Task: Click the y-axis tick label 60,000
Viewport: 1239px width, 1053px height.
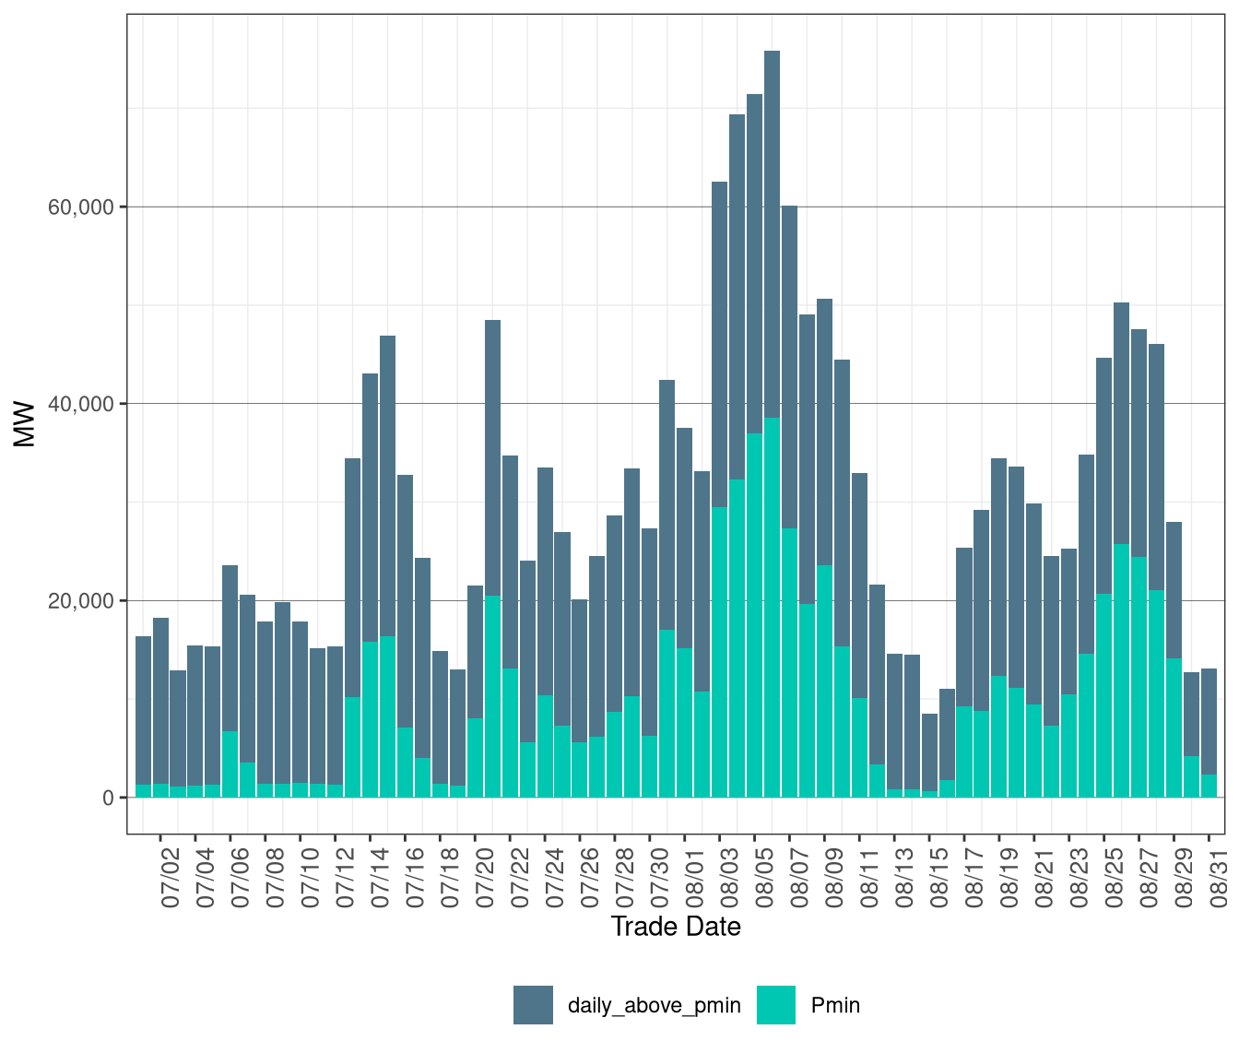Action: pyautogui.click(x=81, y=207)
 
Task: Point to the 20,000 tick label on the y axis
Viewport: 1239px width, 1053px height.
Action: pyautogui.click(x=81, y=601)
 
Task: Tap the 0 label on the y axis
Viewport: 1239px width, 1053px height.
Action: pyautogui.click(x=109, y=799)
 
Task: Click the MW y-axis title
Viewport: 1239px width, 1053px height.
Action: pyautogui.click(x=24, y=424)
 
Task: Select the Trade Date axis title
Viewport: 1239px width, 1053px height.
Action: pyautogui.click(x=676, y=927)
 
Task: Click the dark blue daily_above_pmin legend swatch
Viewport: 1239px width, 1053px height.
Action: pyautogui.click(x=533, y=1005)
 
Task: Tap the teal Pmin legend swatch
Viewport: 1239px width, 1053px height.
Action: pyautogui.click(x=776, y=1005)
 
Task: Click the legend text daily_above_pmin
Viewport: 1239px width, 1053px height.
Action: pyautogui.click(x=655, y=1006)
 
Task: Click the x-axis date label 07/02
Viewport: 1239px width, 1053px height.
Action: pyautogui.click(x=171, y=877)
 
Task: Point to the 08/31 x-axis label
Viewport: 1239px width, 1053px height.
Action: pyautogui.click(x=1219, y=877)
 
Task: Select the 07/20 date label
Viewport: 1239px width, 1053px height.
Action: pyautogui.click(x=485, y=877)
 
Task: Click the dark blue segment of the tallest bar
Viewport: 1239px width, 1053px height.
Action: pyautogui.click(x=772, y=234)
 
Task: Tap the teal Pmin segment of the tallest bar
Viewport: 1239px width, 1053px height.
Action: pyautogui.click(x=772, y=608)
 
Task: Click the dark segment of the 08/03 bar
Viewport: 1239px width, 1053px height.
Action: pyautogui.click(x=719, y=345)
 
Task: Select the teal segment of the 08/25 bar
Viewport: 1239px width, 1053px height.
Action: pyautogui.click(x=1104, y=695)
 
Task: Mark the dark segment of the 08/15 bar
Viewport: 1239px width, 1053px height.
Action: pyautogui.click(x=929, y=752)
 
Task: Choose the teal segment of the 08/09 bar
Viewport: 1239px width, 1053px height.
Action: pyautogui.click(x=825, y=681)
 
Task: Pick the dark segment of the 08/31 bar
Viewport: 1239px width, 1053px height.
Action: pyautogui.click(x=1209, y=722)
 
